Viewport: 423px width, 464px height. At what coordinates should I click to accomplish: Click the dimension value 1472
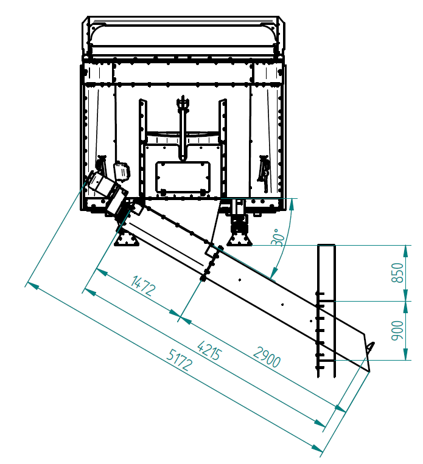point(143,285)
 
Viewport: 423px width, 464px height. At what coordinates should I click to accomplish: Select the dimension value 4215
point(209,350)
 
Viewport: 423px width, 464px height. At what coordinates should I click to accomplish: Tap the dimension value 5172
point(180,359)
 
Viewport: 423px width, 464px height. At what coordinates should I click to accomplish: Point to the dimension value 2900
point(267,357)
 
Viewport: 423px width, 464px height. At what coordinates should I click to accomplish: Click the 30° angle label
point(278,237)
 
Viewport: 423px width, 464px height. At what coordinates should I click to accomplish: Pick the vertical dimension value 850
point(397,272)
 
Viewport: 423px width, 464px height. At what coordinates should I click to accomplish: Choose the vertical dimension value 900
point(397,330)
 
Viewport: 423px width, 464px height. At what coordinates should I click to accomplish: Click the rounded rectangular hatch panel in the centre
point(183,178)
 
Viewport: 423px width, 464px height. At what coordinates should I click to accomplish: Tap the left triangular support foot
point(127,238)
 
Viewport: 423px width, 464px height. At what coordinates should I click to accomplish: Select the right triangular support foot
point(239,239)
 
